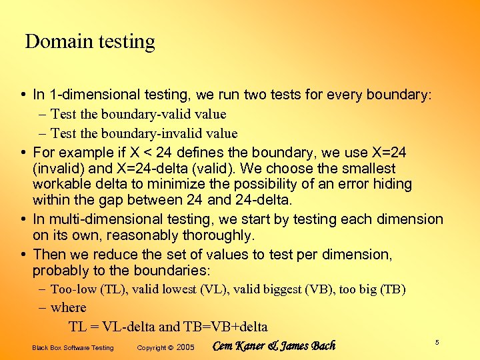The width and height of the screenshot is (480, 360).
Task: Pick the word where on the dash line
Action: coord(69,307)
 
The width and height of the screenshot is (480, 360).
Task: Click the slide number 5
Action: coord(437,342)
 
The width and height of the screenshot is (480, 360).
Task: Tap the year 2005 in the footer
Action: coord(185,347)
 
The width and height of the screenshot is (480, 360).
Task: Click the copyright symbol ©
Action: coord(171,347)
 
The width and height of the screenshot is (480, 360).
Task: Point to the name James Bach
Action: coord(308,346)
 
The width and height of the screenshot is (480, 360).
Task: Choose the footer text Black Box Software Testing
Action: coord(73,347)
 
